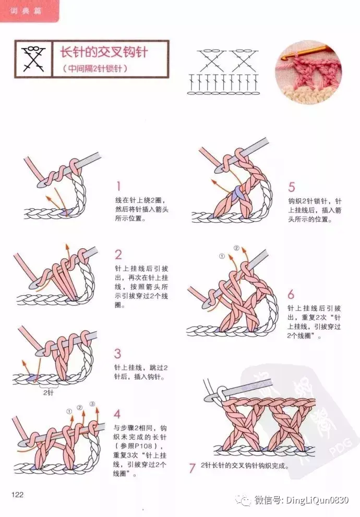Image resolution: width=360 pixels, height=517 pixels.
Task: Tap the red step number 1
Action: [118, 186]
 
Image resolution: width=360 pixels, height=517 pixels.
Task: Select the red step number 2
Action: [118, 255]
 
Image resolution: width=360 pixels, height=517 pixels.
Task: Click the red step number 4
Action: [117, 414]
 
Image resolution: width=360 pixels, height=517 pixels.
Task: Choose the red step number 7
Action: [192, 468]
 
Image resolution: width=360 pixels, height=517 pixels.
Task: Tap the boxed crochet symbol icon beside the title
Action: [32, 59]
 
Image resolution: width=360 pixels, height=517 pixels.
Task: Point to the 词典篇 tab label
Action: [29, 10]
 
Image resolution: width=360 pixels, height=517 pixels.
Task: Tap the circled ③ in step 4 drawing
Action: [92, 404]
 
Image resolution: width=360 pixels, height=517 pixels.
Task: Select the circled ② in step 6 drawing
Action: [236, 248]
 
